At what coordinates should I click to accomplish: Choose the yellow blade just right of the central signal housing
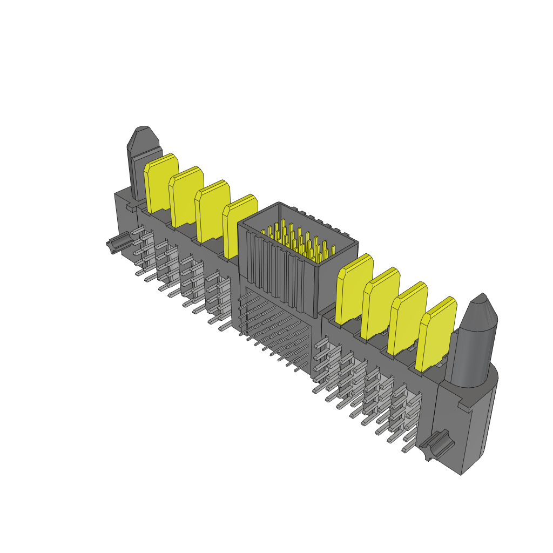(354, 288)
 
